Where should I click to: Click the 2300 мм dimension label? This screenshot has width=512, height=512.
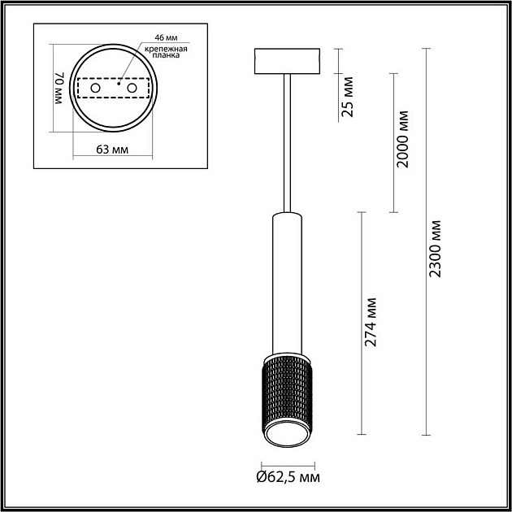click(436, 248)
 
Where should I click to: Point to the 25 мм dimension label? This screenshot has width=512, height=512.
click(348, 98)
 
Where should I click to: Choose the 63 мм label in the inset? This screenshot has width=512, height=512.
click(113, 150)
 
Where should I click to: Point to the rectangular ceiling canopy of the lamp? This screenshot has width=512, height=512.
click(287, 61)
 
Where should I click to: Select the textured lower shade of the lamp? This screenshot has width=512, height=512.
click(287, 390)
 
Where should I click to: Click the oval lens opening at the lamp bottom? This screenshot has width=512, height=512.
click(287, 436)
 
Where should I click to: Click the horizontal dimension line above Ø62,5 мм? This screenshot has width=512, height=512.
click(287, 459)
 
